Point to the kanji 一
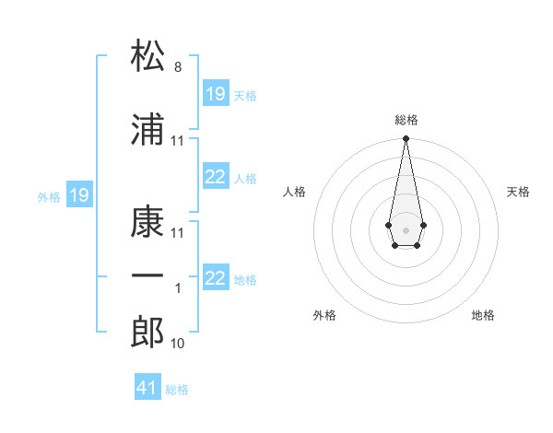tap(148, 276)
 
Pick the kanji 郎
tap(148, 332)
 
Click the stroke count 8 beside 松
tap(178, 67)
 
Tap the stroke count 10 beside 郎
tap(178, 344)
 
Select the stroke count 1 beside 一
tap(178, 288)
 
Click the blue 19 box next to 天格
tap(216, 94)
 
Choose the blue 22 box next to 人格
tap(216, 178)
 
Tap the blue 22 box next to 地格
tap(216, 278)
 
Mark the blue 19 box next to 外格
tap(79, 195)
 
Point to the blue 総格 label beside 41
tap(177, 390)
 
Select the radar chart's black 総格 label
tap(406, 120)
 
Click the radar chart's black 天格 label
tap(519, 192)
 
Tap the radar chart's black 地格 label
tap(483, 315)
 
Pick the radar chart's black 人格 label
tap(295, 192)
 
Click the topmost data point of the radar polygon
tap(406, 139)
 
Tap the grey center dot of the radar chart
tap(406, 228)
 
